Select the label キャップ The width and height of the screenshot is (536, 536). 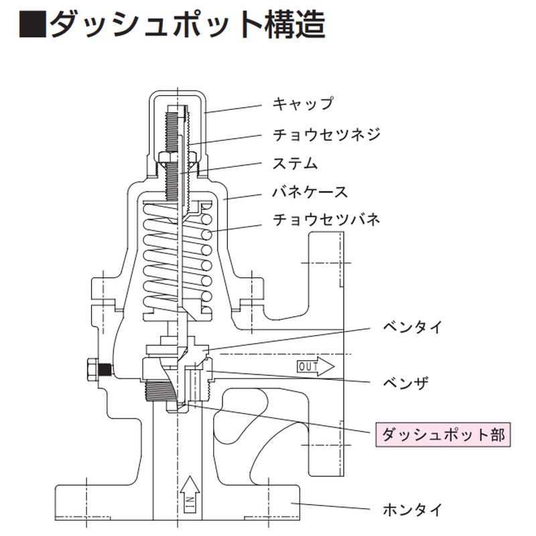(x=302, y=104)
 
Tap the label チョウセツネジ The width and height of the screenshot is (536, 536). (x=326, y=133)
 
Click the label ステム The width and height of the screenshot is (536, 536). (x=295, y=163)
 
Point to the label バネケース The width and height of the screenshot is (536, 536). (x=310, y=192)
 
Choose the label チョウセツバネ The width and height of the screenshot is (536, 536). (x=326, y=220)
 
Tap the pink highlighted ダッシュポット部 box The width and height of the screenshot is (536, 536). (x=443, y=434)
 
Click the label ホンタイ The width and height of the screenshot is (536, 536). (x=412, y=510)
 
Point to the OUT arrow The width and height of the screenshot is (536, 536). (x=316, y=366)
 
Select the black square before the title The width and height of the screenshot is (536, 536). (x=32, y=26)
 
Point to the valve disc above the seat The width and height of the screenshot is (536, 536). (x=176, y=349)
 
